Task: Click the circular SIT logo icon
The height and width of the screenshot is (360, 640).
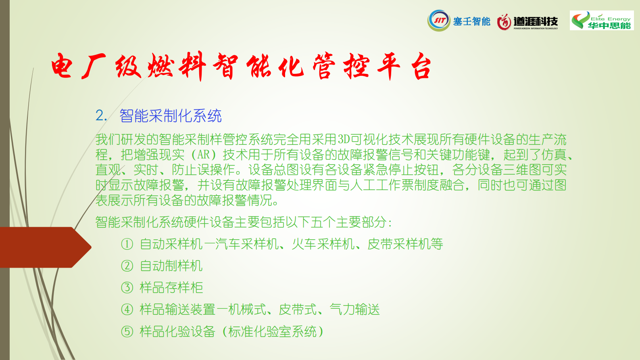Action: (x=439, y=21)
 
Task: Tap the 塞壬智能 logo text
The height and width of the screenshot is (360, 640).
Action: (x=471, y=21)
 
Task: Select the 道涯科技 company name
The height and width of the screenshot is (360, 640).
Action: (x=536, y=21)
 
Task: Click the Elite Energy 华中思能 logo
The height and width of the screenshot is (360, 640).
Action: (x=602, y=21)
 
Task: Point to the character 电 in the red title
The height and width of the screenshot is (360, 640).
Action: (x=62, y=66)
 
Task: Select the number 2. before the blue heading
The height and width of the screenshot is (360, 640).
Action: (x=101, y=116)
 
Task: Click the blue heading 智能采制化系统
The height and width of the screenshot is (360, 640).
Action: (x=170, y=116)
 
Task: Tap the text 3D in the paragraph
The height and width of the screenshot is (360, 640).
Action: (x=344, y=139)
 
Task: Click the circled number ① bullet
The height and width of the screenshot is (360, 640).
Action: (x=127, y=244)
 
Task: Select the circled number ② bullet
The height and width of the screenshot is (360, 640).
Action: (x=127, y=266)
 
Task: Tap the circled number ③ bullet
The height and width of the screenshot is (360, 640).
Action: (x=127, y=287)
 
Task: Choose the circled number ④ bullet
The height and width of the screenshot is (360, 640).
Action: (x=127, y=310)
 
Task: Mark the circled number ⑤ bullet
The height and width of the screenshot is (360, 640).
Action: (x=127, y=331)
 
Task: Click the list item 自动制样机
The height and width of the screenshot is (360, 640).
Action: (x=171, y=266)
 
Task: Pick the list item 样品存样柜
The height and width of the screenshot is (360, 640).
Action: (x=171, y=287)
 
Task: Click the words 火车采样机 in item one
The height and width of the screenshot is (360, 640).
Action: (x=323, y=244)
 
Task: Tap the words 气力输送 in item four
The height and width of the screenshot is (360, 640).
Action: (x=354, y=310)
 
